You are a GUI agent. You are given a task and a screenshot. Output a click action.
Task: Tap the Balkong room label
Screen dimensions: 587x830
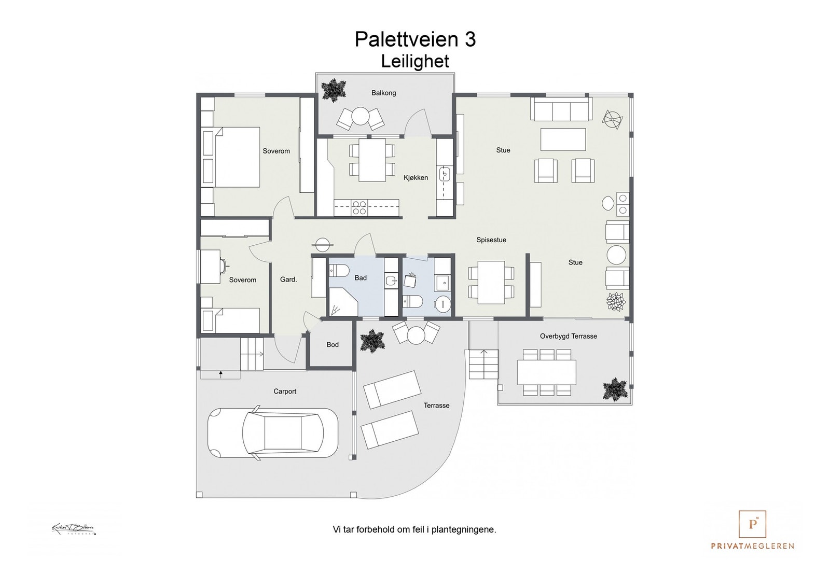click(x=383, y=93)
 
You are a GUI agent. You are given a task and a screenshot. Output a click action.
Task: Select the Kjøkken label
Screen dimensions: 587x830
click(x=416, y=178)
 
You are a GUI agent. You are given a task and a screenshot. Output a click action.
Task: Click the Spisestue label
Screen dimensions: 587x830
click(x=491, y=240)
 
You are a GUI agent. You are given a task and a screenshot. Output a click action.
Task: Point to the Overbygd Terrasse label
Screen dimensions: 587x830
click(x=568, y=336)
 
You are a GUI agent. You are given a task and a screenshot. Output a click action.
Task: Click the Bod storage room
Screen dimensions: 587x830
click(x=332, y=345)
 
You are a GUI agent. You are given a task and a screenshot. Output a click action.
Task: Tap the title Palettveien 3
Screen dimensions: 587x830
click(x=414, y=39)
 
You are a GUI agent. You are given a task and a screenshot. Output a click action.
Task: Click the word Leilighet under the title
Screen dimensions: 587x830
click(x=414, y=61)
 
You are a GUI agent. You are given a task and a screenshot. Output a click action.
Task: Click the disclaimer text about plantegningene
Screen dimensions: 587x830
click(x=414, y=530)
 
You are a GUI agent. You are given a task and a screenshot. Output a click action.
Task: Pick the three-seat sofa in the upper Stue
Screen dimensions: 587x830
click(x=561, y=110)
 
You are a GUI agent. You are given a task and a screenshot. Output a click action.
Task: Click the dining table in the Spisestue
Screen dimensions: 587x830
click(x=491, y=283)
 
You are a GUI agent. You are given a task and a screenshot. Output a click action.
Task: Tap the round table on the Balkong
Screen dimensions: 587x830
click(x=361, y=117)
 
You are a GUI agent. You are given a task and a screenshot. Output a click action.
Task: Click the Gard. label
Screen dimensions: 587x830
click(x=288, y=279)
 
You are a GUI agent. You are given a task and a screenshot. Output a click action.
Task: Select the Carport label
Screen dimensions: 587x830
click(x=285, y=392)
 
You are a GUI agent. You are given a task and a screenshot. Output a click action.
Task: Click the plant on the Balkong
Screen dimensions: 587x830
click(x=333, y=90)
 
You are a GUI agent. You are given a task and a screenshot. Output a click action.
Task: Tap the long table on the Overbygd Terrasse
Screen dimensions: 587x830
click(x=546, y=372)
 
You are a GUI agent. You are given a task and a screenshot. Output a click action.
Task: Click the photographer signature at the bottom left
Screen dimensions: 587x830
click(x=74, y=529)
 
